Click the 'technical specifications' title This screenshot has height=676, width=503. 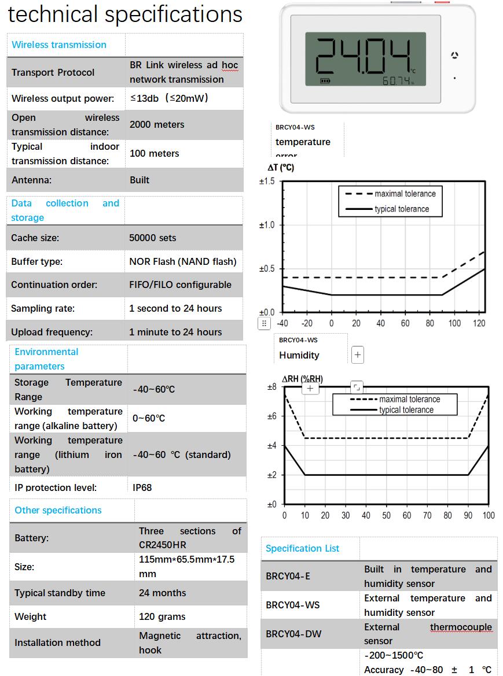click(x=125, y=14)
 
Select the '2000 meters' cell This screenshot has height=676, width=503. click(x=157, y=124)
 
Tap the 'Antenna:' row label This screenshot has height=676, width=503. click(x=32, y=180)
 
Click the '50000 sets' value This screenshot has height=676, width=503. click(x=153, y=238)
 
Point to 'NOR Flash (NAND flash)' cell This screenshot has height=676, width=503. click(x=183, y=261)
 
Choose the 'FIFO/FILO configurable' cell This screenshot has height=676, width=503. click(x=180, y=285)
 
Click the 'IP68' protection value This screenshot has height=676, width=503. click(x=142, y=487)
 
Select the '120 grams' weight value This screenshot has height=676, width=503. click(x=162, y=616)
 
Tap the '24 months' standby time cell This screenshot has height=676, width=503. click(x=163, y=593)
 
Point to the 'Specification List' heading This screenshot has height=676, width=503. click(x=302, y=548)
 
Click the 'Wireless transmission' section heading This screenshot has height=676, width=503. click(x=59, y=45)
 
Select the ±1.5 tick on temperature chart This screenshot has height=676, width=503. click(x=267, y=181)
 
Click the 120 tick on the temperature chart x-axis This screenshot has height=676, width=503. click(x=479, y=323)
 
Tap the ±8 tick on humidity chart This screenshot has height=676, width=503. click(x=271, y=386)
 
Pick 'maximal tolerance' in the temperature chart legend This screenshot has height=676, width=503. click(x=405, y=194)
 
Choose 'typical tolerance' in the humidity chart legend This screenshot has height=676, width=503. click(x=406, y=410)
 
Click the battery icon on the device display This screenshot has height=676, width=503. click(x=326, y=81)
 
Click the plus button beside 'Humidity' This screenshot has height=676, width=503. click(x=358, y=355)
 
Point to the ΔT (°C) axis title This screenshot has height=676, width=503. click(x=281, y=168)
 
